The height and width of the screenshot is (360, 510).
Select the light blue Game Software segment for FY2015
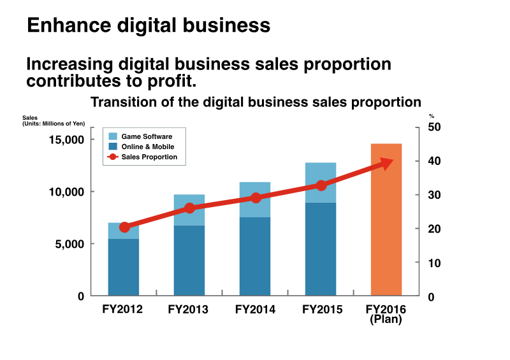(x=320, y=182)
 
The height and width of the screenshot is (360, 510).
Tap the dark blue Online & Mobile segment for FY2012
(x=124, y=268)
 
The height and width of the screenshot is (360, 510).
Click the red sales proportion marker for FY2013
(x=190, y=208)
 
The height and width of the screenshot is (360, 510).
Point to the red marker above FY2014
(x=256, y=198)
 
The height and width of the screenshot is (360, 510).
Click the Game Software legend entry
(x=147, y=136)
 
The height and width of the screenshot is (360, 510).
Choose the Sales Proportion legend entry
(x=149, y=157)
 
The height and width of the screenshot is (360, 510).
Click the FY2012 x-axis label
(x=123, y=310)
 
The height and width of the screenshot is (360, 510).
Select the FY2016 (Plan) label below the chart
(x=386, y=315)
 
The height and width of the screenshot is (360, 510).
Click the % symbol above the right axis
(x=432, y=116)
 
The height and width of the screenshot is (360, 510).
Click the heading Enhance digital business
(x=149, y=25)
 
